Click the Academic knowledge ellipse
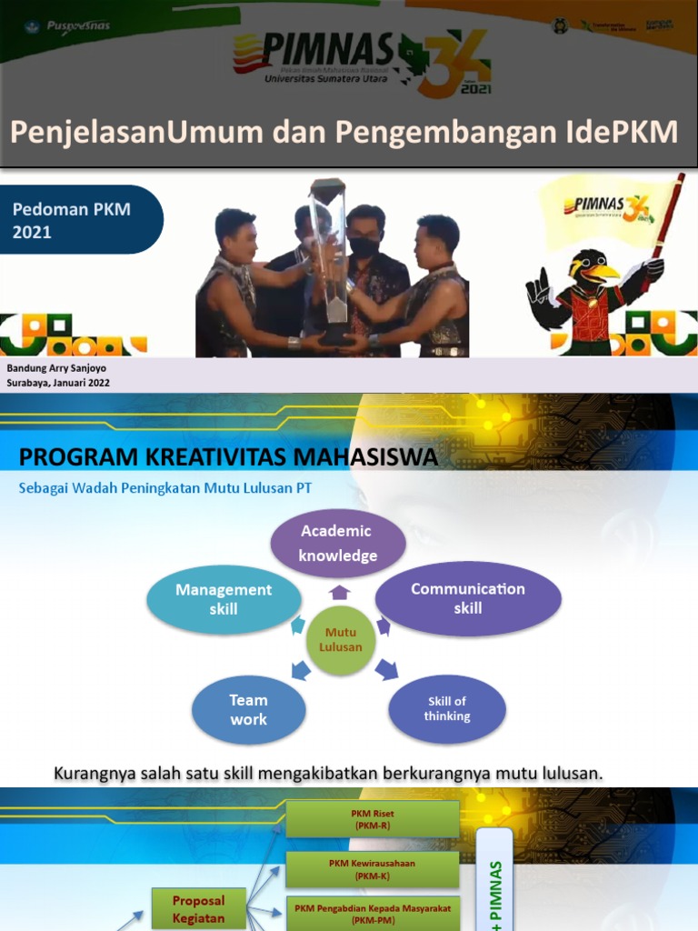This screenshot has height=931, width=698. [x=338, y=544]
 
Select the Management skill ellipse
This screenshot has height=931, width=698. [x=224, y=600]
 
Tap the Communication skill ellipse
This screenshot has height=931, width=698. [x=467, y=598]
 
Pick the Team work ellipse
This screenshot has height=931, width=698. [x=248, y=710]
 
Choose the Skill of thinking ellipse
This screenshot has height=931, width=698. [x=446, y=709]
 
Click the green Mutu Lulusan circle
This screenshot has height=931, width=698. [x=340, y=640]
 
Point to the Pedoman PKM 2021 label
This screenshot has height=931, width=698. [x=72, y=220]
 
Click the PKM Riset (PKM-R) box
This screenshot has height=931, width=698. [x=372, y=819]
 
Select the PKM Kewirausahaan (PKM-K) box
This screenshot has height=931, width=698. [x=372, y=869]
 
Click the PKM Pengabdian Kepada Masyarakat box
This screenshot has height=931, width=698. [x=372, y=912]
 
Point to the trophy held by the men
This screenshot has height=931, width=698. [x=327, y=255]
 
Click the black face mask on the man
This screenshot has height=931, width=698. [x=364, y=245]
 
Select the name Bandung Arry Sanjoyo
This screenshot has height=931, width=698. [x=56, y=368]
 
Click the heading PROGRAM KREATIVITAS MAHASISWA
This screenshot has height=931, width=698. [x=228, y=457]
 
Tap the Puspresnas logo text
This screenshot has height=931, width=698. [x=80, y=25]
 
